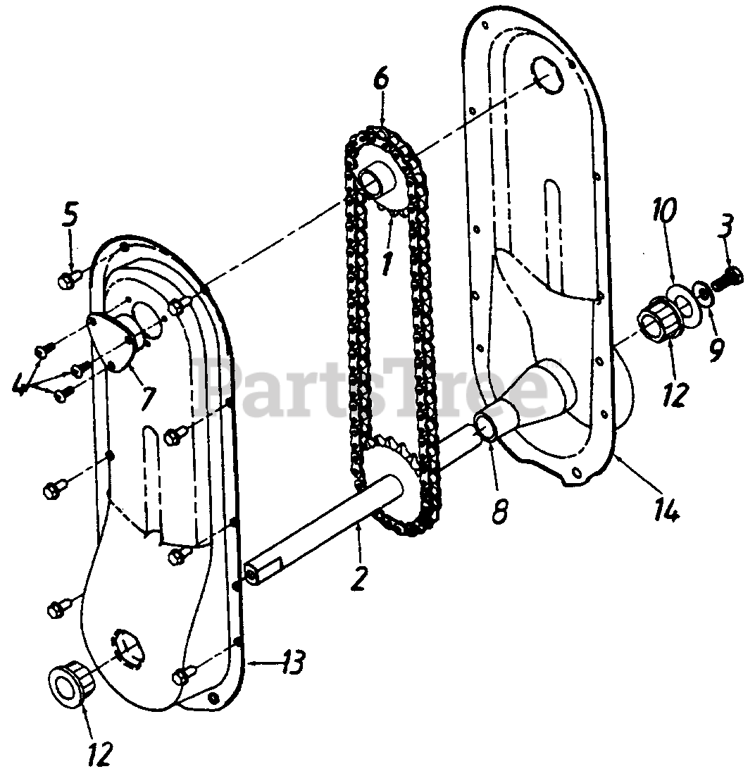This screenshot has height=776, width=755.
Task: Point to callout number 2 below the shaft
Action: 358,577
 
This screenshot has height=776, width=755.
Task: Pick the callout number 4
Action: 20,383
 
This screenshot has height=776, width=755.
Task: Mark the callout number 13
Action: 294,663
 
